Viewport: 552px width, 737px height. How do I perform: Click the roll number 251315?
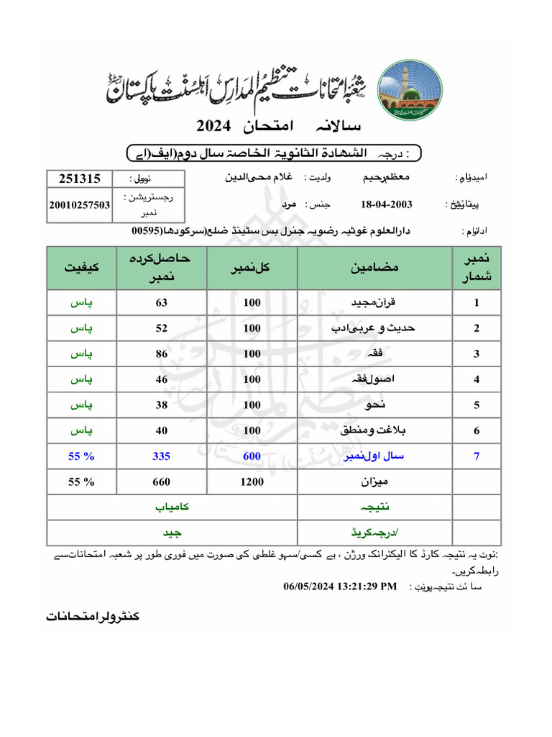click(79, 178)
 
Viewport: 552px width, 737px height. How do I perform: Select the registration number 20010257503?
click(79, 204)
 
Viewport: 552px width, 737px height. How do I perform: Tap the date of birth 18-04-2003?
click(387, 204)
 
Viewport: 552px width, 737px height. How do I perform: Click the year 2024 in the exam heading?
click(213, 126)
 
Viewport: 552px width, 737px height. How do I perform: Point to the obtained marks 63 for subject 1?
click(162, 303)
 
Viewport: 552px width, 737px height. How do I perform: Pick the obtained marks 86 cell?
click(162, 353)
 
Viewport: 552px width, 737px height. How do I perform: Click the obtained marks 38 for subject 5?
click(162, 404)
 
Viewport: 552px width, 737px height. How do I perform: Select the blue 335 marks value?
click(162, 456)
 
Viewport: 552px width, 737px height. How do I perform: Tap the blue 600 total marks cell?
click(252, 456)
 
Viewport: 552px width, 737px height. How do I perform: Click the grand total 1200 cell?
click(252, 482)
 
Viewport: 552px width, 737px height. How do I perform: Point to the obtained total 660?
click(162, 482)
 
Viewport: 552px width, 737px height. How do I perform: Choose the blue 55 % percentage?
click(82, 456)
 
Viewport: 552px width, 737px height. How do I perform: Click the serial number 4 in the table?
click(477, 379)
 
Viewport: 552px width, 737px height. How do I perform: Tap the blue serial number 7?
click(477, 456)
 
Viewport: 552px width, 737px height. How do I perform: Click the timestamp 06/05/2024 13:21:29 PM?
click(340, 587)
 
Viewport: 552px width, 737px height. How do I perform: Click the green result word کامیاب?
click(172, 507)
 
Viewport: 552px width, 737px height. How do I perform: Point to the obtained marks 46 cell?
click(162, 379)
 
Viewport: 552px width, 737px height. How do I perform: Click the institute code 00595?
click(147, 231)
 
